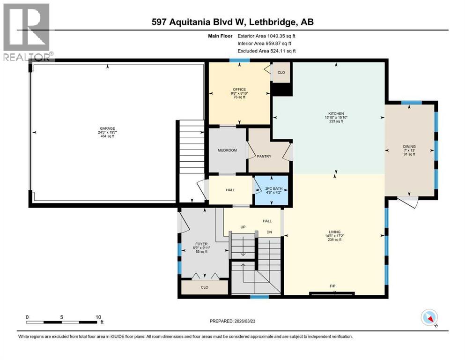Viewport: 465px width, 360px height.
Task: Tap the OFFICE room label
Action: [x=239, y=90]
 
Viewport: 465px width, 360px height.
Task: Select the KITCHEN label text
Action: [x=336, y=114]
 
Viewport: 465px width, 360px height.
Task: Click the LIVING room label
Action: [x=334, y=232]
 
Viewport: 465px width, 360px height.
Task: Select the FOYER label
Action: [x=201, y=244]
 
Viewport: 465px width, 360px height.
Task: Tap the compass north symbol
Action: [x=429, y=318]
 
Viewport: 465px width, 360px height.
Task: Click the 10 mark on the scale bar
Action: [x=98, y=317]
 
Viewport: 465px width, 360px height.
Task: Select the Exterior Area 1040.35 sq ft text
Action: [x=266, y=36]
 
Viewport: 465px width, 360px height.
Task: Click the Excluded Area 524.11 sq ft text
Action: [x=266, y=51]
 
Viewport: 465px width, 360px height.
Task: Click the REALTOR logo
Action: [x=27, y=32]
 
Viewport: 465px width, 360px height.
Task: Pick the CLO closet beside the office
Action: [x=281, y=73]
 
